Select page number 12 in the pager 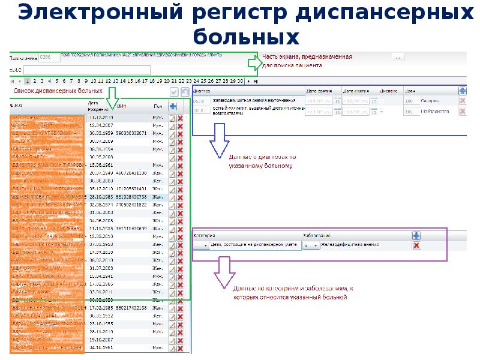(108, 80)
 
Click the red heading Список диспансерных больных (58, 91)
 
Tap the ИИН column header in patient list (122, 106)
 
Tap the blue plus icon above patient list (173, 106)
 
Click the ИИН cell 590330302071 (131, 133)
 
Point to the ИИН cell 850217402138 (131, 307)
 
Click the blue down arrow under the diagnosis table (219, 144)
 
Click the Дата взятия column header (319, 91)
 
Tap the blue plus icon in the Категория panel (416, 236)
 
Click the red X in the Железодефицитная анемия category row (416, 245)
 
